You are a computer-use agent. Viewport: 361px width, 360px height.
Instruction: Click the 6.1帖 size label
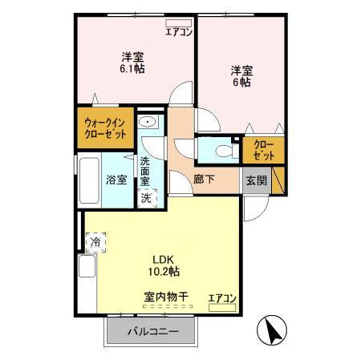pos(133,70)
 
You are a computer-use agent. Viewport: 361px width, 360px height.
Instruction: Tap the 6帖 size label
pos(241,83)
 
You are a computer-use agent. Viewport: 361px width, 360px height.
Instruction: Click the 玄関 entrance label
pos(257,180)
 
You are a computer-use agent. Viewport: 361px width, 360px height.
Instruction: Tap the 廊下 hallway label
pos(204,180)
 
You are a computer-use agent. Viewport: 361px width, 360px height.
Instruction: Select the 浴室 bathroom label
pos(116,180)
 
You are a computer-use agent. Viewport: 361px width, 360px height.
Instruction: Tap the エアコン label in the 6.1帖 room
pos(178,32)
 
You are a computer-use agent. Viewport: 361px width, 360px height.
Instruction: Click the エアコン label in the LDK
pos(222,298)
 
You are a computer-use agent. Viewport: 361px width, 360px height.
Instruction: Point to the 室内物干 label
pos(166,297)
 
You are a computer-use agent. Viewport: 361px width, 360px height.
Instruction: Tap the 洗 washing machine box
pos(147,197)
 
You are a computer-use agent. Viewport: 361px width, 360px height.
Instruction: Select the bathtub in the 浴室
pos(90,179)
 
